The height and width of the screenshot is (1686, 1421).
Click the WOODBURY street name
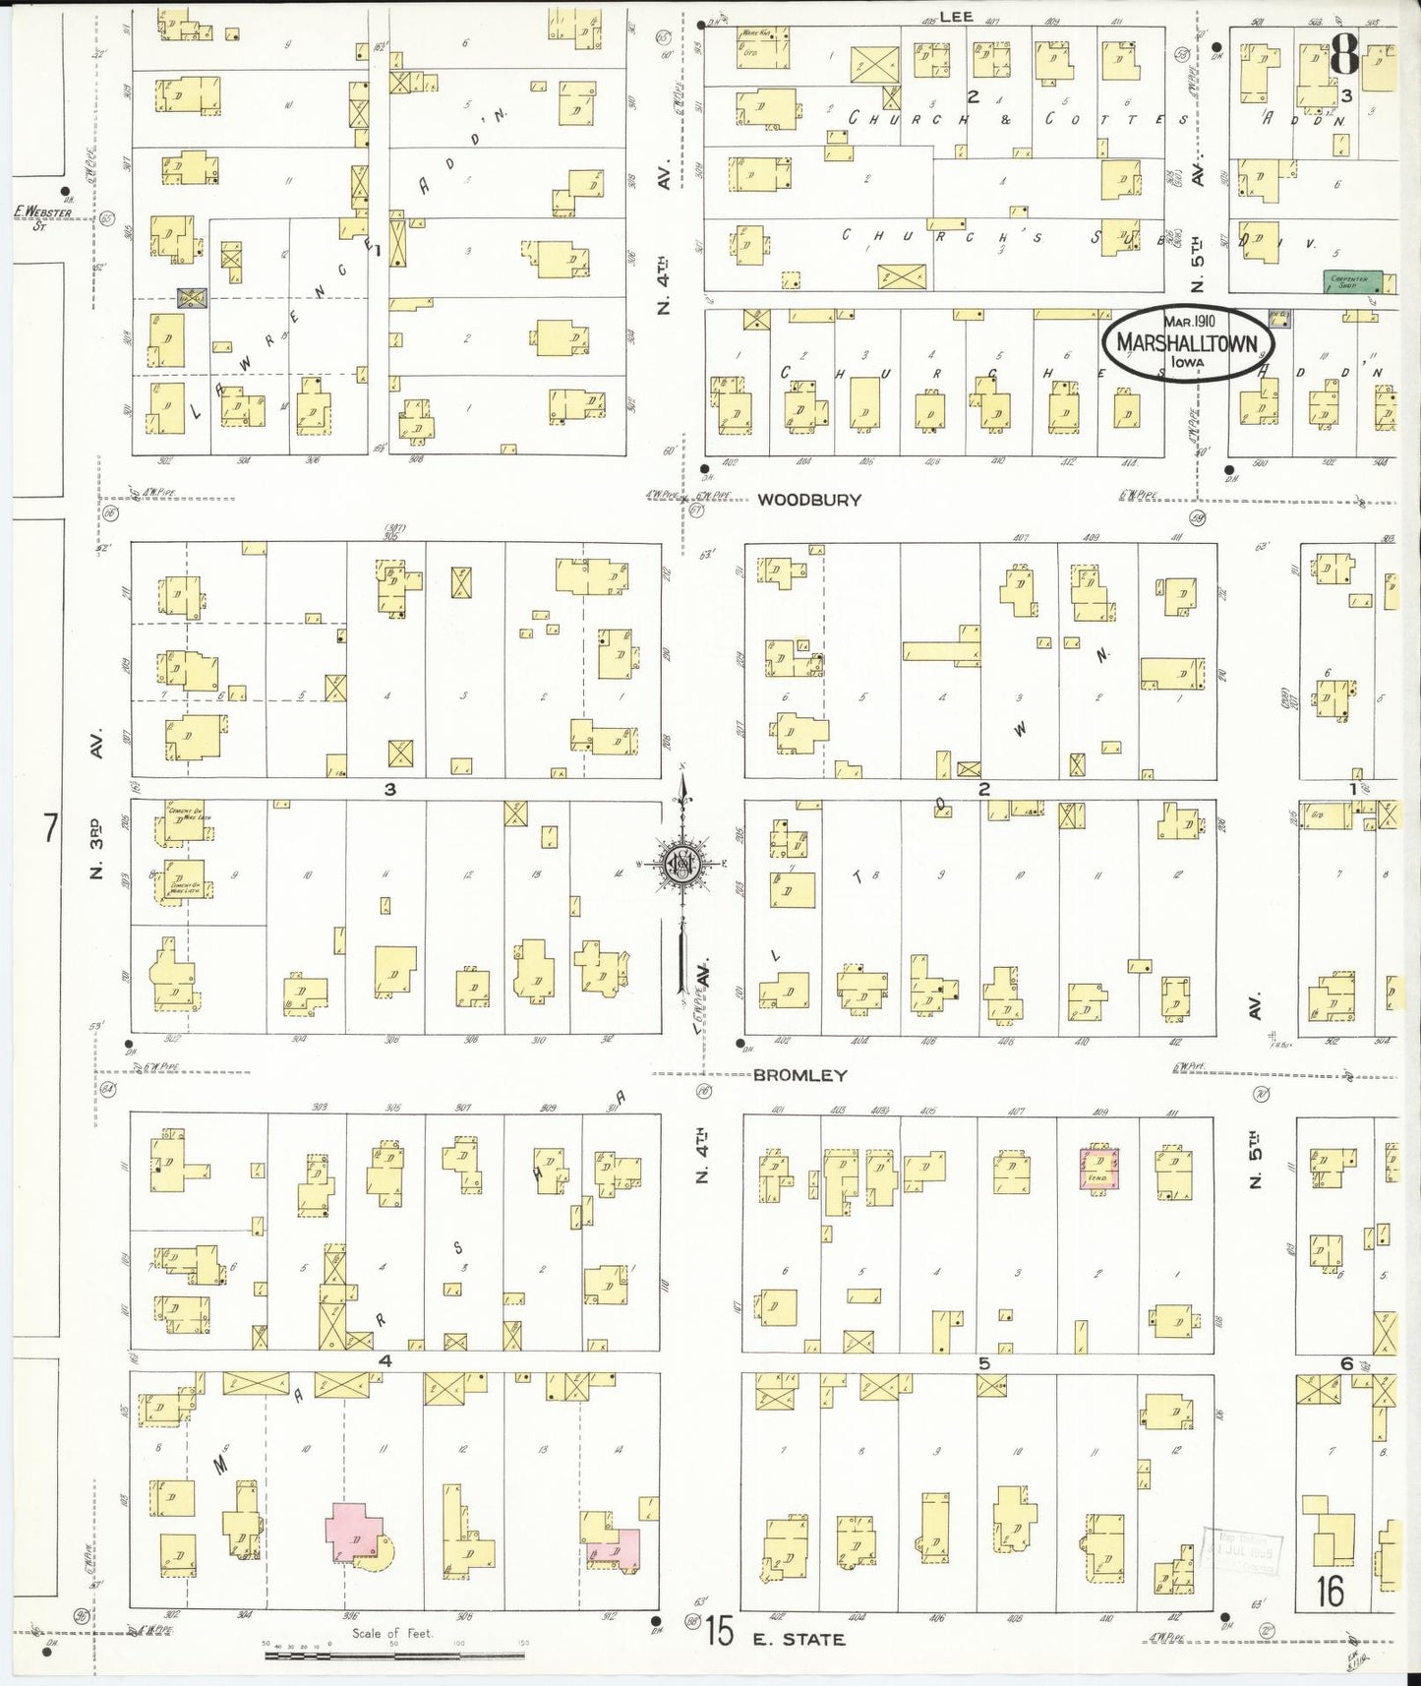pos(808,500)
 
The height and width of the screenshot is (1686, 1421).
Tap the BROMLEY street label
pos(799,1076)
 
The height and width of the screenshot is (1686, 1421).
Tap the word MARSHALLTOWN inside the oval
pos(1187,342)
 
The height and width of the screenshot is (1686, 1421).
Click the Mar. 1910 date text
pos(1189,321)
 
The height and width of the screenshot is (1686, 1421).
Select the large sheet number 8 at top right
pos(1344,59)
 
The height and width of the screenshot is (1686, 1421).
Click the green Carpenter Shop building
pos(1352,281)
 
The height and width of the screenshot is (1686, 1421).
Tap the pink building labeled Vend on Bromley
pos(1097,1168)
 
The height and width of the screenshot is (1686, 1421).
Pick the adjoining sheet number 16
pos(1330,1592)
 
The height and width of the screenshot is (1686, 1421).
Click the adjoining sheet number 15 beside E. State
pos(719,1634)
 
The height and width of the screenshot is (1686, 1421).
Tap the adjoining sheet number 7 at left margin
pos(50,828)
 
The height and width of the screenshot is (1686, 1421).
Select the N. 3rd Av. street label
pos(96,846)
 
